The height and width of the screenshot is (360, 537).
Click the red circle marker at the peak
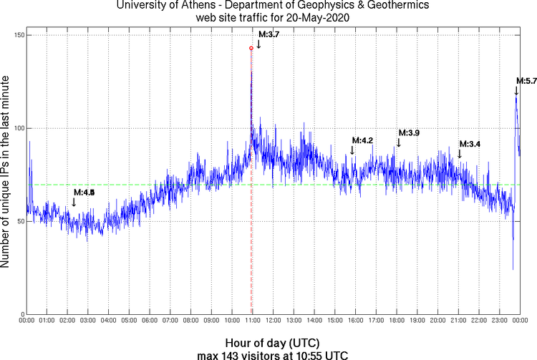[x=251, y=48]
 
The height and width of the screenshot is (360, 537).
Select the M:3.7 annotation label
[x=268, y=34]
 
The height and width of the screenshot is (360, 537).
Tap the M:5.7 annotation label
[x=526, y=80]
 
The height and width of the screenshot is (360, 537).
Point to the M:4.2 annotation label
[x=362, y=140]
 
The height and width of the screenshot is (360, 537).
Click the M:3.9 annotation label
[x=409, y=133]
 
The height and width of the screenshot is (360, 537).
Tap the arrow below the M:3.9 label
[x=399, y=143]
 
